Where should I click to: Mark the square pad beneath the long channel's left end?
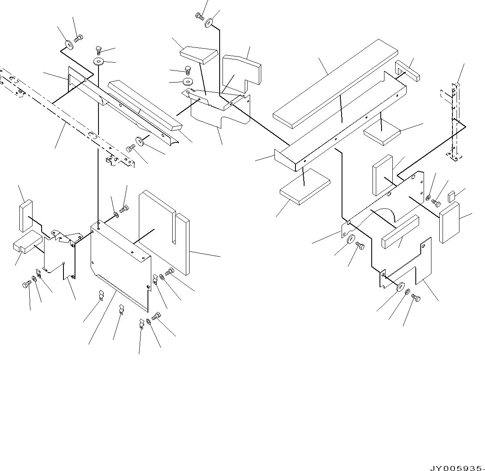pyautogui.click(x=305, y=187)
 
